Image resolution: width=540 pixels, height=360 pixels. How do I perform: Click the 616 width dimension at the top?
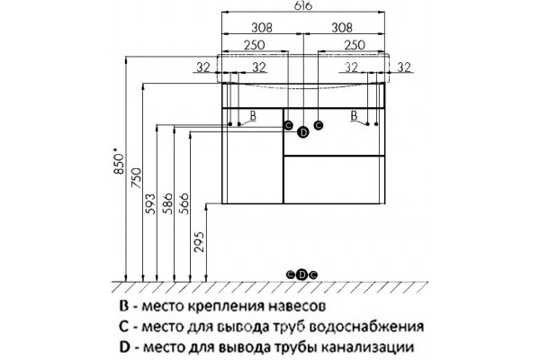pos(303,6)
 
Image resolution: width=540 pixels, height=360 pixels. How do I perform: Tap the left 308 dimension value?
pos(262,28)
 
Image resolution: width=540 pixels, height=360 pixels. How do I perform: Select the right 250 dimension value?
pos(355,45)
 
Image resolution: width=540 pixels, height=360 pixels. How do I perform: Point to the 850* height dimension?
pos(118,161)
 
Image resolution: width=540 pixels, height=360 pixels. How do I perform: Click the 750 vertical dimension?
pos(137,178)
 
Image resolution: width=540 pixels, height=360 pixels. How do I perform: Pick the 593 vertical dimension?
pos(150,204)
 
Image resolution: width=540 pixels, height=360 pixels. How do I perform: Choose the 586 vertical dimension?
pos(167,204)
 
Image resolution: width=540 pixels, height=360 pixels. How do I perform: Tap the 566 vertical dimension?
pos(184,203)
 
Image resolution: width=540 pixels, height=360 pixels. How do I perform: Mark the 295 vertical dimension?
pos(200,242)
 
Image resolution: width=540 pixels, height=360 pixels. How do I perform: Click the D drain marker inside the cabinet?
pos(303,132)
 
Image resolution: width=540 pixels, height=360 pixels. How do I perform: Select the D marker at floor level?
pos(302,274)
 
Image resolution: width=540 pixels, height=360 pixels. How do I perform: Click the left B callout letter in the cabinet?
pos(253,115)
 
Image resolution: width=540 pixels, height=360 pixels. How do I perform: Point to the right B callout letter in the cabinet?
pos(354,115)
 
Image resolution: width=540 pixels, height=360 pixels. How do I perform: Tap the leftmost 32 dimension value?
pos(203,67)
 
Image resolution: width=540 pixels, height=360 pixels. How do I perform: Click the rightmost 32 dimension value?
pos(404,67)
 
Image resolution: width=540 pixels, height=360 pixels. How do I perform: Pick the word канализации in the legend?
pos(367,347)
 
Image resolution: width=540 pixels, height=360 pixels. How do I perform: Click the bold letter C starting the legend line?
pos(124,326)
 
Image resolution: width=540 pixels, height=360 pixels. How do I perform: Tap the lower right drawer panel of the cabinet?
pos(334,179)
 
